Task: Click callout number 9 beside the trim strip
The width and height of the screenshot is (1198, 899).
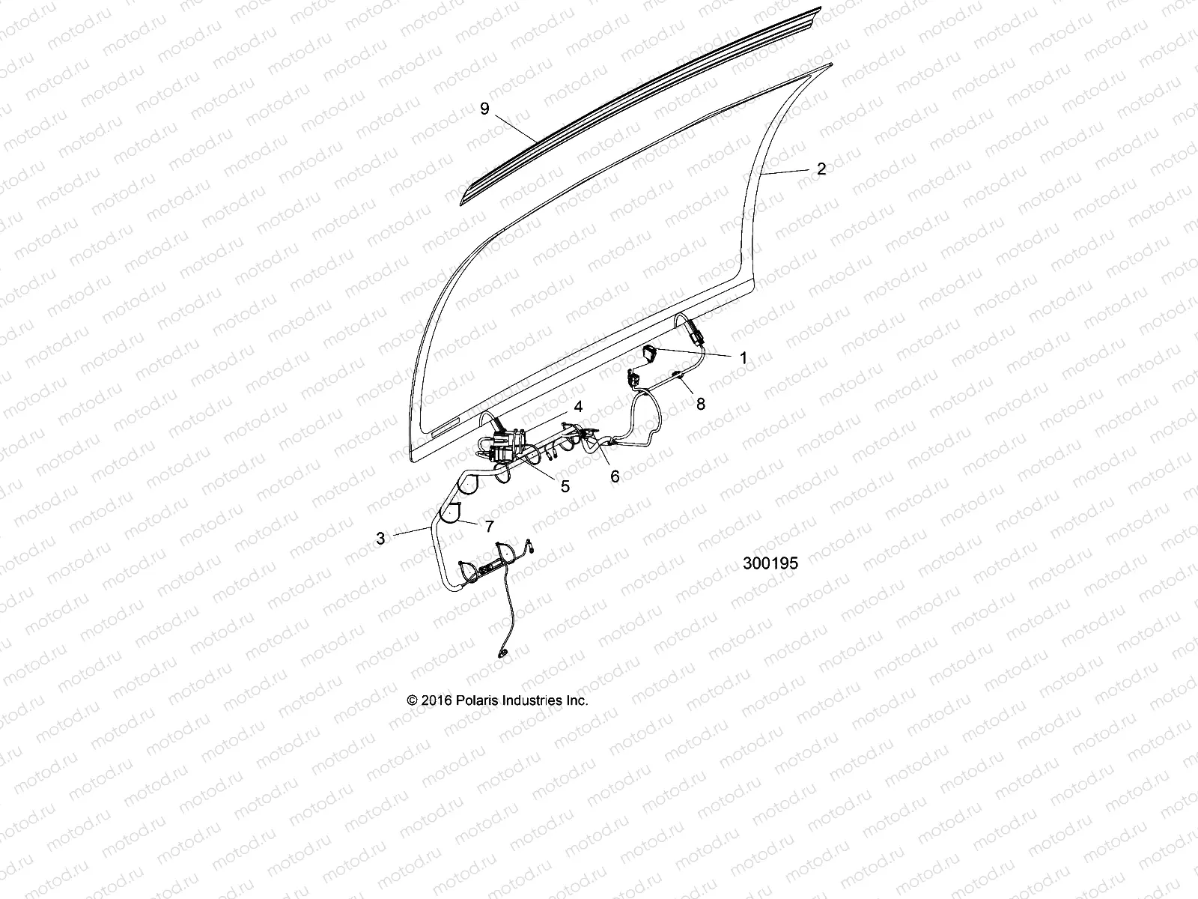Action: [484, 109]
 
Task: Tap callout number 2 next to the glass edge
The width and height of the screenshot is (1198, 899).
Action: [821, 169]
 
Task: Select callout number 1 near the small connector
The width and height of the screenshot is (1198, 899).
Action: [743, 358]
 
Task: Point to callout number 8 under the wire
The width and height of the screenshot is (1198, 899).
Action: [700, 405]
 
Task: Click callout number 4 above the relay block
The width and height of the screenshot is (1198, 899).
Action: [577, 406]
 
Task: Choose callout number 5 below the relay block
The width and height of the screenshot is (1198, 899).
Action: [565, 486]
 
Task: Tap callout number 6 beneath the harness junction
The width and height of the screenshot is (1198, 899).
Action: [615, 476]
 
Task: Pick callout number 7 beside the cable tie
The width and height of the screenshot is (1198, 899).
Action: [490, 527]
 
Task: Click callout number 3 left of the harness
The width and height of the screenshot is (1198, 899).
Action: [380, 538]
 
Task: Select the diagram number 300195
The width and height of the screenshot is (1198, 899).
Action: [770, 563]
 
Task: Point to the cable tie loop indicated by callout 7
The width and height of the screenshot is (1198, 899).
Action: [450, 512]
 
